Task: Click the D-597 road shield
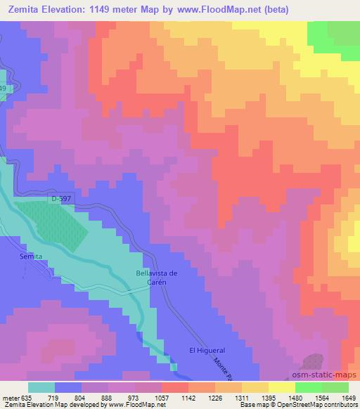click(x=60, y=200)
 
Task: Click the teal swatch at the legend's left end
click(x=41, y=387)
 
